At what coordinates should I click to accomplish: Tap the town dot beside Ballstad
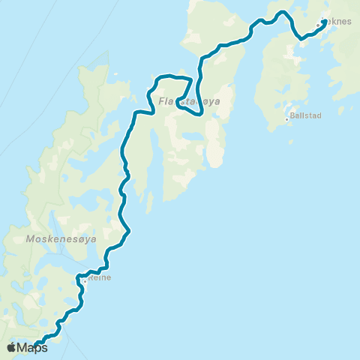[286, 118]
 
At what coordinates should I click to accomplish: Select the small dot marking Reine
[85, 282]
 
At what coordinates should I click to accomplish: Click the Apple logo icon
[13, 347]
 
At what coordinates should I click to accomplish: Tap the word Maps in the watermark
[33, 347]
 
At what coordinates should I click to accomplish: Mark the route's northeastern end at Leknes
[323, 32]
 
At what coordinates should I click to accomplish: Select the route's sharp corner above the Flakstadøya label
[192, 79]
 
